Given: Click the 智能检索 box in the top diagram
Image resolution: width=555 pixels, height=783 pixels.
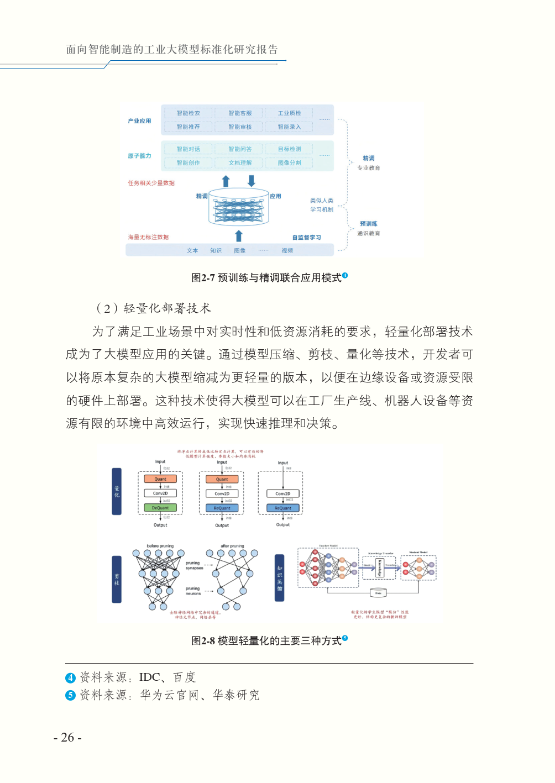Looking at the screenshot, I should point(188,113).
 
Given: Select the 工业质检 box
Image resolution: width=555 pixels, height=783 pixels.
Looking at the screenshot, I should point(289,113).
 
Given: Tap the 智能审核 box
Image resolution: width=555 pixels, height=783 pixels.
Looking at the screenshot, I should point(240,127).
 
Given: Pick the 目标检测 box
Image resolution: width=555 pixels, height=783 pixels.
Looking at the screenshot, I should point(289,149).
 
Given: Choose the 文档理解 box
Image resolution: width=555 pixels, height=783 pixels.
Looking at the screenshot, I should point(240,163).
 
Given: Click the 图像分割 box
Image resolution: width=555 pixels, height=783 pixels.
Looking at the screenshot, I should point(289,163).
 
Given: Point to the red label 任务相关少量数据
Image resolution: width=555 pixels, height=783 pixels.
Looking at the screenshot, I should point(151,183).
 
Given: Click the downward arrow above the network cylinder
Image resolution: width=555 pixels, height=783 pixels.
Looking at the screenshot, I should point(252,181).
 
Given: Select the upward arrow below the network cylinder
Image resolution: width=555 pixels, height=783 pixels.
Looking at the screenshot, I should point(239,236).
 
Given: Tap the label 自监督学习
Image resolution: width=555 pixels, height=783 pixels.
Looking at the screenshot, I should point(306,238).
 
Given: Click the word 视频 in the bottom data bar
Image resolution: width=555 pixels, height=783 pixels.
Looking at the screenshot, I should point(287,251).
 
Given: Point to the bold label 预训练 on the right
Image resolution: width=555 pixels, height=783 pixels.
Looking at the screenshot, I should point(369,224).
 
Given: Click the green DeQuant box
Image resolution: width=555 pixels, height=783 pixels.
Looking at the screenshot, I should point(160,508).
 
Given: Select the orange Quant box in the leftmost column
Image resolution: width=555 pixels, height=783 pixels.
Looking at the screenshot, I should point(160,479).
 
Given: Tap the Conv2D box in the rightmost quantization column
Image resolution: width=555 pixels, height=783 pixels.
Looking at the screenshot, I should point(282,493).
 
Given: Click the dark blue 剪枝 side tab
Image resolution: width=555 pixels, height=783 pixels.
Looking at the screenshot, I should point(117,579).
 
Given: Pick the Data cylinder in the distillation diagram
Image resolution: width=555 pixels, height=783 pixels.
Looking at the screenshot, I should point(378,593).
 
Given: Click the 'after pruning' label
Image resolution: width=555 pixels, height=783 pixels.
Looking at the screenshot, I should point(232,546).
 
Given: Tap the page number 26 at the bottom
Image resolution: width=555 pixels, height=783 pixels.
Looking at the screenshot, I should point(67,738).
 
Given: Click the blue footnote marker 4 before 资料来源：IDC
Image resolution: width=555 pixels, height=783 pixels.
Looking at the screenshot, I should point(70,678).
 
